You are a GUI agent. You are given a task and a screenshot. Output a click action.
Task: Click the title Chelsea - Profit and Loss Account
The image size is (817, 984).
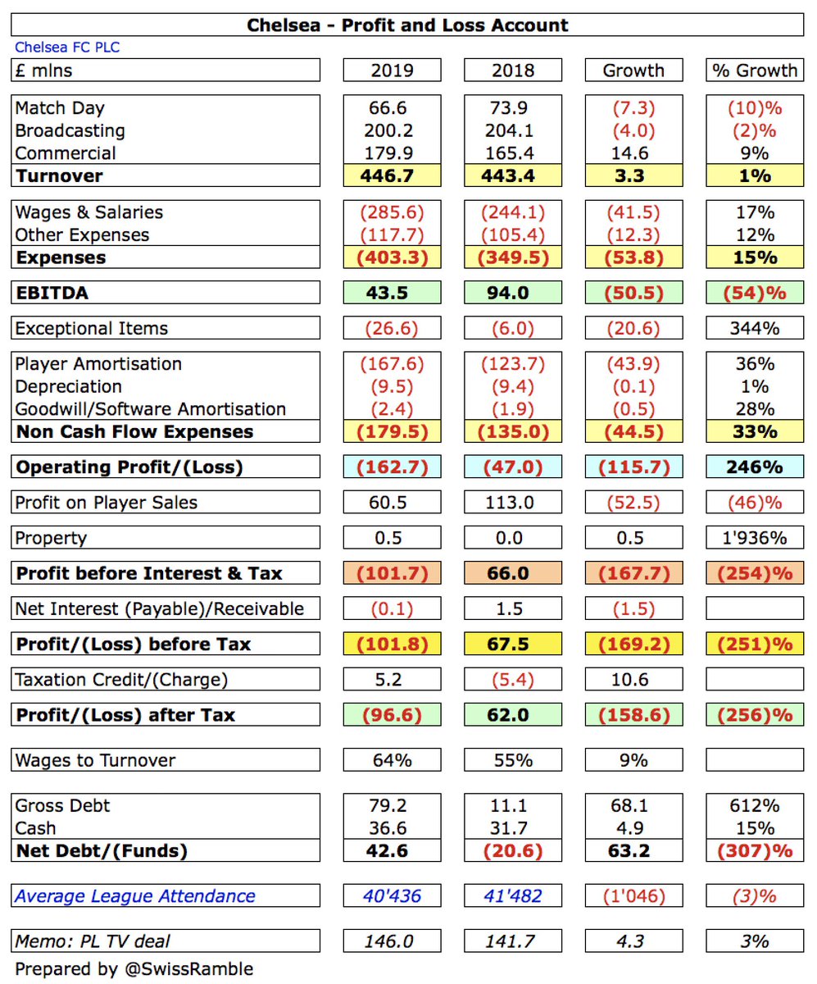tap(407, 25)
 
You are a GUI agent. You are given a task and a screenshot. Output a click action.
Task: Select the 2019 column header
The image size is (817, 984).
tap(392, 71)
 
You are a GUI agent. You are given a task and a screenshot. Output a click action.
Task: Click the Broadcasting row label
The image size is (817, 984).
tap(70, 130)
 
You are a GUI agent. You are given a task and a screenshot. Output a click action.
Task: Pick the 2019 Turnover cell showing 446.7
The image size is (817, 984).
tap(392, 175)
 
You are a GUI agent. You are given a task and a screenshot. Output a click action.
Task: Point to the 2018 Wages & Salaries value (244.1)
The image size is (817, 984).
tap(513, 212)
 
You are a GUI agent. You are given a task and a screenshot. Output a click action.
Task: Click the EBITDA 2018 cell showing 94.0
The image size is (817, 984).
tap(513, 293)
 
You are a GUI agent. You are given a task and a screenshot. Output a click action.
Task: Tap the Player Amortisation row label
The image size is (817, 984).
tap(99, 364)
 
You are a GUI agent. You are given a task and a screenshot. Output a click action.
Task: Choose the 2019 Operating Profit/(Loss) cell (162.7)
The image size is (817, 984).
tap(392, 467)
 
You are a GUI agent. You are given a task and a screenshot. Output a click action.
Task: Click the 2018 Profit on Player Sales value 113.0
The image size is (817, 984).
tap(513, 503)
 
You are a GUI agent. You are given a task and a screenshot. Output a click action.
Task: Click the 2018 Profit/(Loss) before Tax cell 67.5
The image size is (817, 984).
tap(513, 645)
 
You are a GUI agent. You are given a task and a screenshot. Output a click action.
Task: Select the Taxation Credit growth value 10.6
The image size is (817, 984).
tap(633, 680)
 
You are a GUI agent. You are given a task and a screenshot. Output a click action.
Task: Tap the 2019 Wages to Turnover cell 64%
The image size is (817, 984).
tap(392, 761)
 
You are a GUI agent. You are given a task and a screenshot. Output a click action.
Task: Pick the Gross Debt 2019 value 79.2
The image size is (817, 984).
tap(392, 806)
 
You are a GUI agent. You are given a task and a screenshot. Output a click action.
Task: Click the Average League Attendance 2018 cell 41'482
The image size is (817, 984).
tap(513, 897)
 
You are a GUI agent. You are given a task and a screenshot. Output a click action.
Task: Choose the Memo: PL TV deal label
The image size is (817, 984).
tap(93, 941)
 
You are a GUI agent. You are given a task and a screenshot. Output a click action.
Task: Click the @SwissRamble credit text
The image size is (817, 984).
tap(188, 969)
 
